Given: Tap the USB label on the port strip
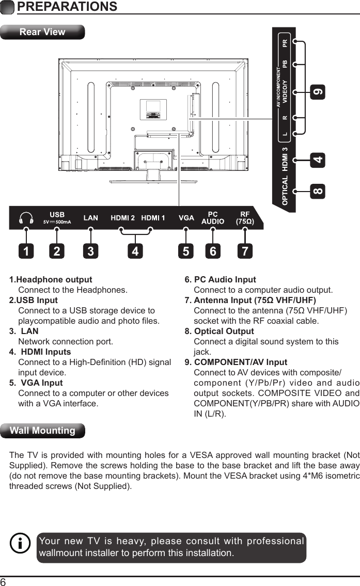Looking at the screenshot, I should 57,214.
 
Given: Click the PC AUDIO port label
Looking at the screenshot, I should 212,218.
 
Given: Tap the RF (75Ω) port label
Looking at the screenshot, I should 244,218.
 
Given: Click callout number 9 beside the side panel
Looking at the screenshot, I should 319,93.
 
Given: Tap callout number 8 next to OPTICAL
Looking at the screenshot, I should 319,191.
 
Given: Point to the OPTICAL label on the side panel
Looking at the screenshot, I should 285,189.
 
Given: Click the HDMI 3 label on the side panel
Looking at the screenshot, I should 285,159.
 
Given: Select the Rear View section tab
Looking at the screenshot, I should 42,32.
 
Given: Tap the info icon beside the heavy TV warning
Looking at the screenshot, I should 20,544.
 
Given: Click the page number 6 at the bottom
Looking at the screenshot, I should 4,582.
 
